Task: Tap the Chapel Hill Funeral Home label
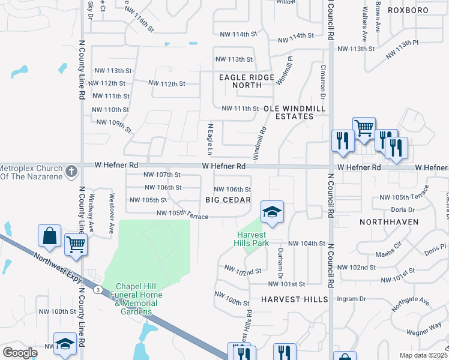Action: [x=131, y=295]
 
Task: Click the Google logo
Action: [x=20, y=353]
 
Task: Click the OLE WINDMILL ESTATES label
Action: [x=291, y=112]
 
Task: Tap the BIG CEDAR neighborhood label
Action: [x=227, y=199]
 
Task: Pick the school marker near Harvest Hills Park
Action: [x=272, y=212]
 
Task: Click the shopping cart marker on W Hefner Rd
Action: [x=364, y=128]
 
